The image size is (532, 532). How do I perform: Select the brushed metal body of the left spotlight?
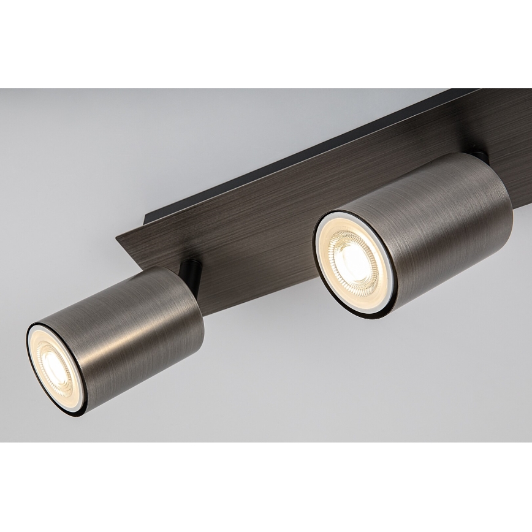(135, 319)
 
